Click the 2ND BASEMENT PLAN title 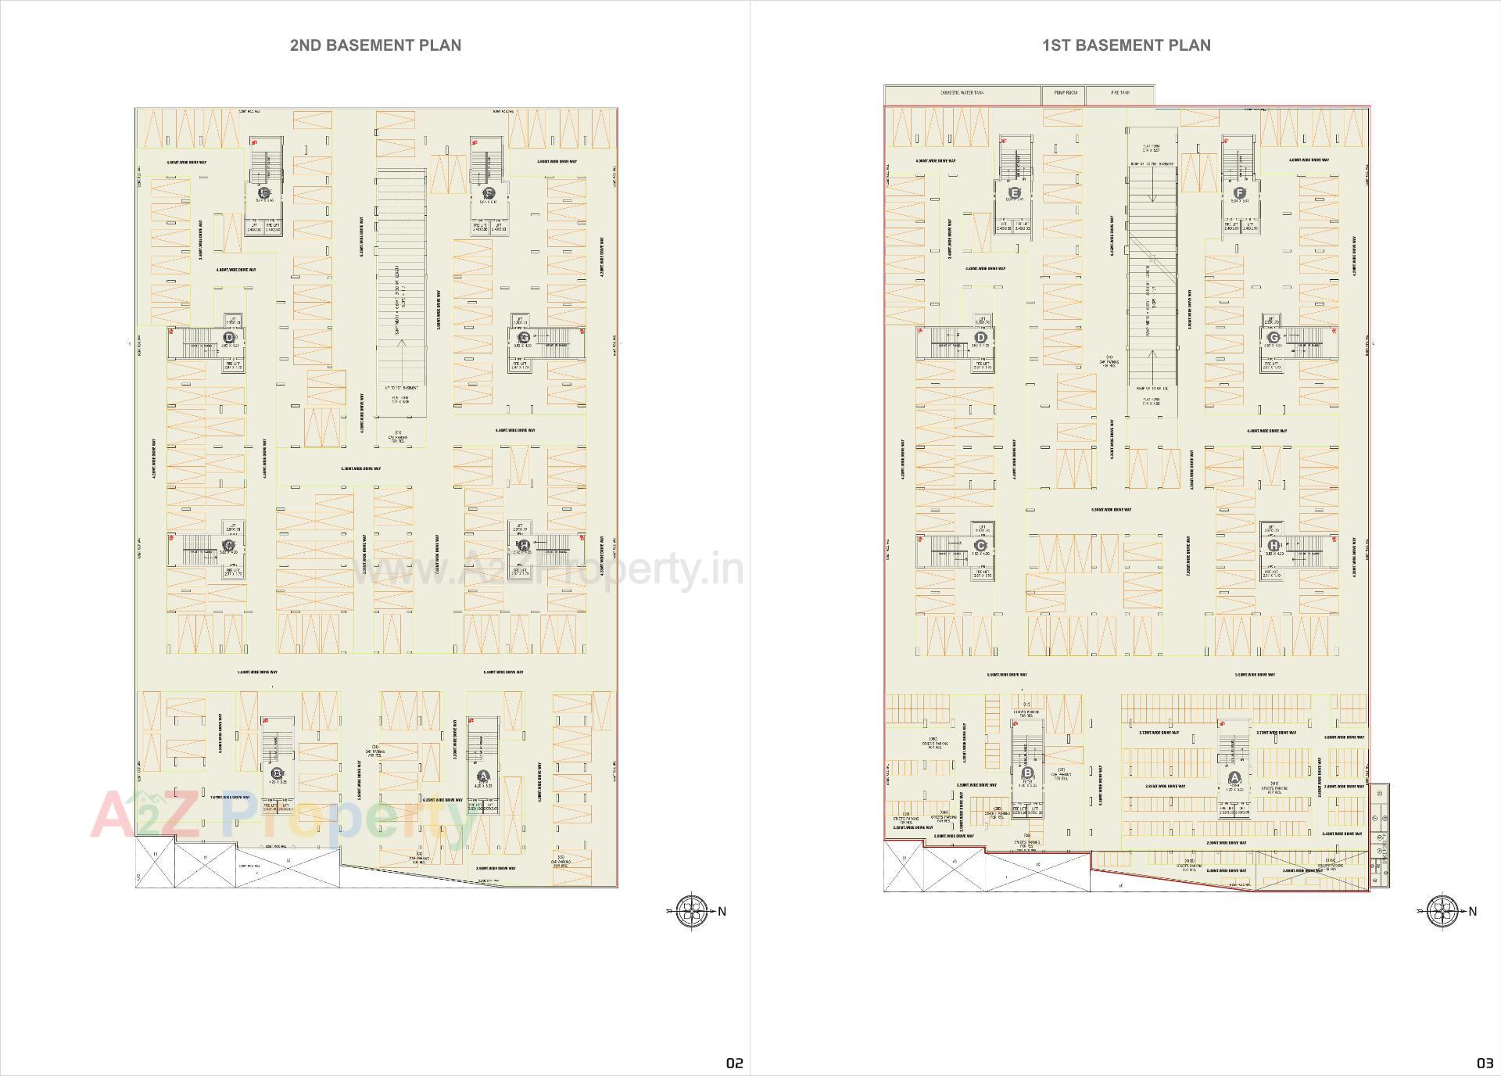point(375,45)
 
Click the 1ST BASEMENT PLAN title point(1126,45)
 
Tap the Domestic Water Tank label point(962,93)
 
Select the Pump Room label point(1065,93)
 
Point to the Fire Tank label point(1120,93)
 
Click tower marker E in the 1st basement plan point(1015,192)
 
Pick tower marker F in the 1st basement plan point(1239,192)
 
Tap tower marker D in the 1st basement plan point(980,338)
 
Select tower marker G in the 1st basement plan point(1274,338)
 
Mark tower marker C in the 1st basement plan point(980,546)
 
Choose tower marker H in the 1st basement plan point(1274,546)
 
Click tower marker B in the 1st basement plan point(1027,773)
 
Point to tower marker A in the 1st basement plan point(1234,777)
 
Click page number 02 point(734,1063)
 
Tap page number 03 point(1485,1063)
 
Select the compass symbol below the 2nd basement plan point(691,911)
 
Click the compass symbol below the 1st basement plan point(1442,911)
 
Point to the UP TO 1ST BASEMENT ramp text point(402,388)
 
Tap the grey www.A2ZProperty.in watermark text point(547,568)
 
